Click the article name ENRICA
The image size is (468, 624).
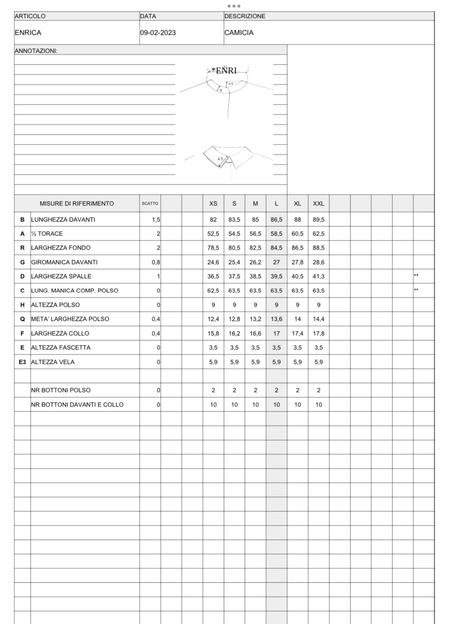point(28,33)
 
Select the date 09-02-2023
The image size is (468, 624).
point(158,33)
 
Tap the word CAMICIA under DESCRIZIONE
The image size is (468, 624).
point(239,33)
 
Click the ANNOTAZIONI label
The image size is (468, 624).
point(36,51)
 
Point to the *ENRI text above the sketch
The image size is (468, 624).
point(224,71)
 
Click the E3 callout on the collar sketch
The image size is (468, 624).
point(220,159)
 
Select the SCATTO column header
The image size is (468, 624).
point(150,203)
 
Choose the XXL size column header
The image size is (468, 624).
point(318,204)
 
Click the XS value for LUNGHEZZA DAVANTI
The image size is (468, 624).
point(213,220)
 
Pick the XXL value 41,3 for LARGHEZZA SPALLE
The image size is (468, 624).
point(318,276)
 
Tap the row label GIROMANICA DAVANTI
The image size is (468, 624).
point(64,262)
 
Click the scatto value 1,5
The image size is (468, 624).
point(156,220)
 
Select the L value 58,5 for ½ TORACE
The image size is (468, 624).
point(276,233)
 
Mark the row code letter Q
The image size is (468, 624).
point(22,319)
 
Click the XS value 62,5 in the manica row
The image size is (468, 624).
point(213,290)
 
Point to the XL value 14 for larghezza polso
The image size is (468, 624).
point(297,319)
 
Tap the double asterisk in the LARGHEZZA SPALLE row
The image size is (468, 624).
point(416,275)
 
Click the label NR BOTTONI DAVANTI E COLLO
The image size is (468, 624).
point(77,404)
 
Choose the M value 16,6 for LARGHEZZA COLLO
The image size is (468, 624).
point(255,333)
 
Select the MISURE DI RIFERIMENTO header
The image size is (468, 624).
point(77,204)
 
